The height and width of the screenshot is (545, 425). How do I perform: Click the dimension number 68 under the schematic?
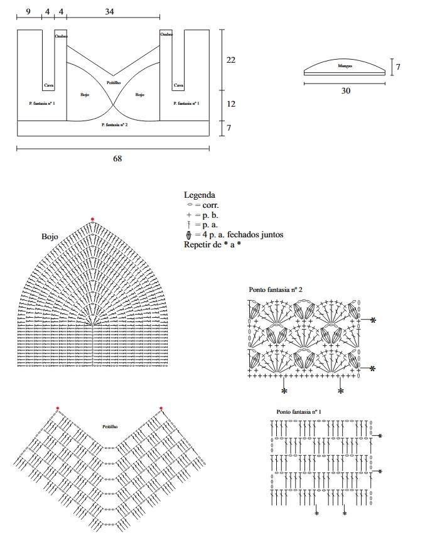117,158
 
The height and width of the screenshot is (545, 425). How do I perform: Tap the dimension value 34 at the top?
110,12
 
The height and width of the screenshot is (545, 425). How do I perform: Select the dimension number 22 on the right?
230,60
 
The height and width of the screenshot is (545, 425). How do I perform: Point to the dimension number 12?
230,104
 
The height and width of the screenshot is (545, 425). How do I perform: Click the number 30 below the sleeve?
345,90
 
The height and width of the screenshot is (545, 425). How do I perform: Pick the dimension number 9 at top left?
29,12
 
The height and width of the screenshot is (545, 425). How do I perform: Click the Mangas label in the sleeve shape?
345,66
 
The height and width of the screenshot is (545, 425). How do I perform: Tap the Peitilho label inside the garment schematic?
114,83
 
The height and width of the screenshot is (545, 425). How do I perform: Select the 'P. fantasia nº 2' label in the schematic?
115,125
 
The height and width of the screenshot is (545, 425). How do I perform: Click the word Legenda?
200,195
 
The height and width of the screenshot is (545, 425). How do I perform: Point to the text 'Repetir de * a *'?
212,245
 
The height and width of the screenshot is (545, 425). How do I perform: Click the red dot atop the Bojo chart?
92,219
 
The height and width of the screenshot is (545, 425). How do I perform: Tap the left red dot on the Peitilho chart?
57,408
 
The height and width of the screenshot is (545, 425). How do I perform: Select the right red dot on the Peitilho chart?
161,408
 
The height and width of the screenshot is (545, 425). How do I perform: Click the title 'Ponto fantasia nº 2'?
276,289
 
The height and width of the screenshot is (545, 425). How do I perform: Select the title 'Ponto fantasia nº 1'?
299,412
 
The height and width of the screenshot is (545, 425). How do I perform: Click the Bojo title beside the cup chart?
50,237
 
